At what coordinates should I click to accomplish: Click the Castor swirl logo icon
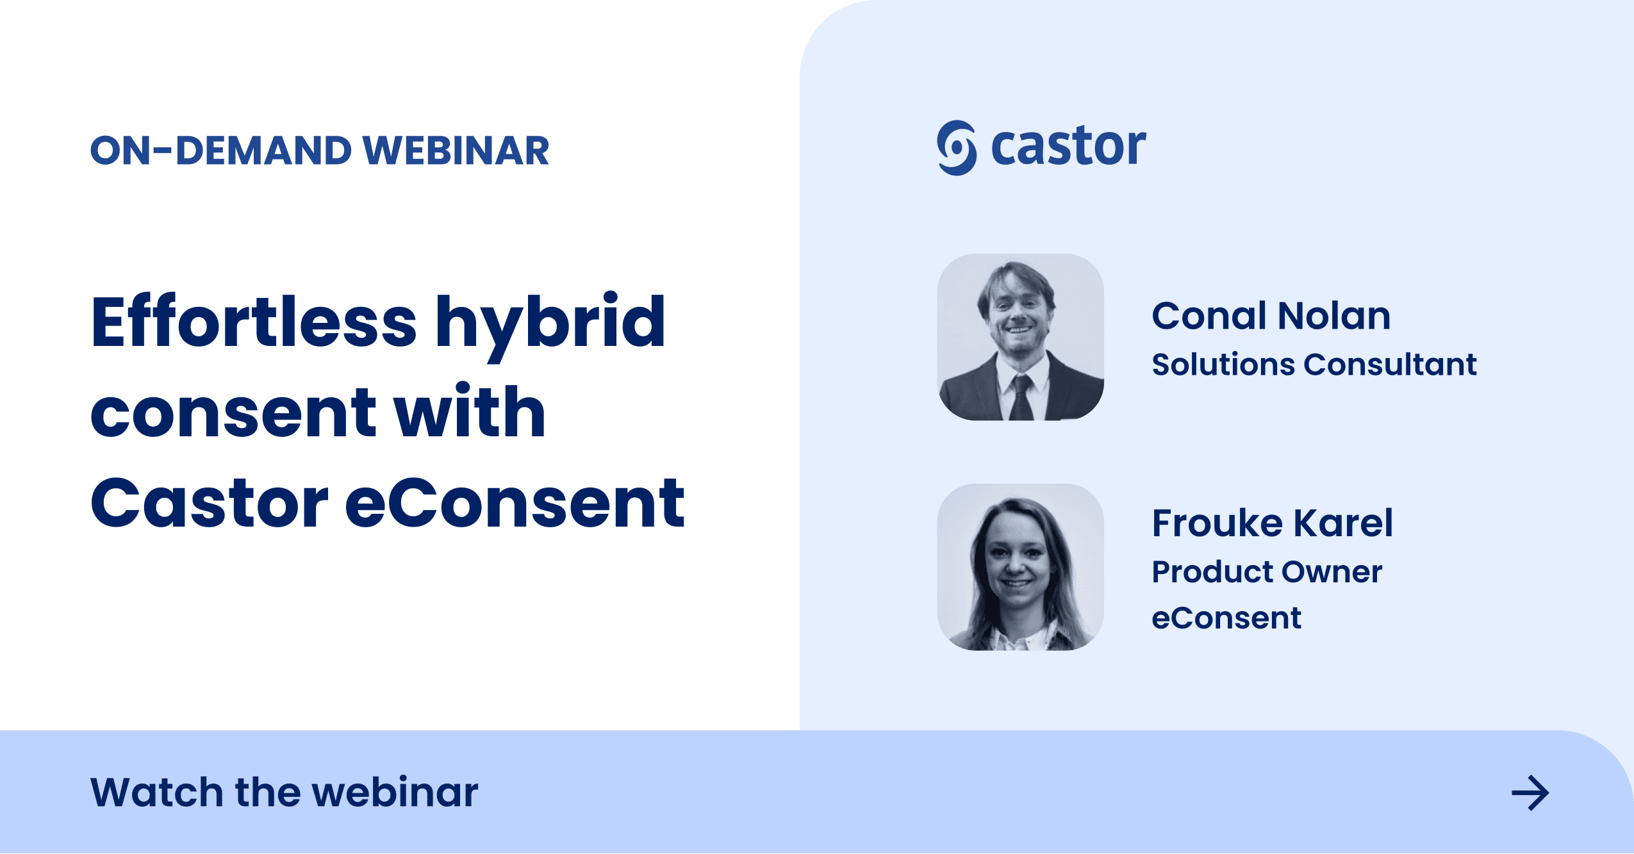coord(956,148)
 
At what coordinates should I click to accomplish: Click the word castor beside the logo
coord(1068,147)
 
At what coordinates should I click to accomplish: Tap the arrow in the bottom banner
coord(1530,793)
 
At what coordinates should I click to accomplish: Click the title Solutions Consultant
coord(1314,365)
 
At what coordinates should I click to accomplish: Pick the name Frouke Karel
coord(1272,523)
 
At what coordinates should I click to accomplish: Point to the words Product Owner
coord(1267,571)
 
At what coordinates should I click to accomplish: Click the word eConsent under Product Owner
coord(1226,618)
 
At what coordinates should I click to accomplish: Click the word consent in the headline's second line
coord(233,413)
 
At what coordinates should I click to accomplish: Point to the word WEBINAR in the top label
coord(456,151)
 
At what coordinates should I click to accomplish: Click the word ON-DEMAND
coord(221,151)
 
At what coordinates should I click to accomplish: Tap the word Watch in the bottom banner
coord(156,792)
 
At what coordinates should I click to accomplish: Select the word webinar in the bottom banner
coord(395,792)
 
